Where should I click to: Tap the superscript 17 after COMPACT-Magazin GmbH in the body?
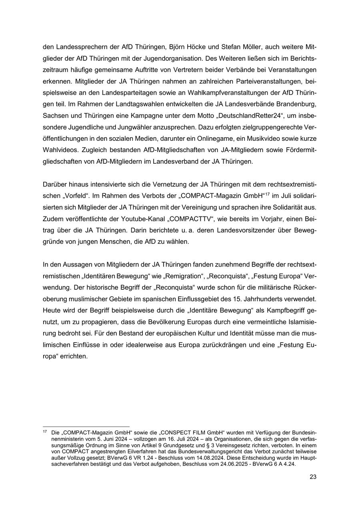pyautogui.click(x=268, y=194)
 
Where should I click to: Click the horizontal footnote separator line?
pyautogui.click(x=86, y=426)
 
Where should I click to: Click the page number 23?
pyautogui.click(x=313, y=477)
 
